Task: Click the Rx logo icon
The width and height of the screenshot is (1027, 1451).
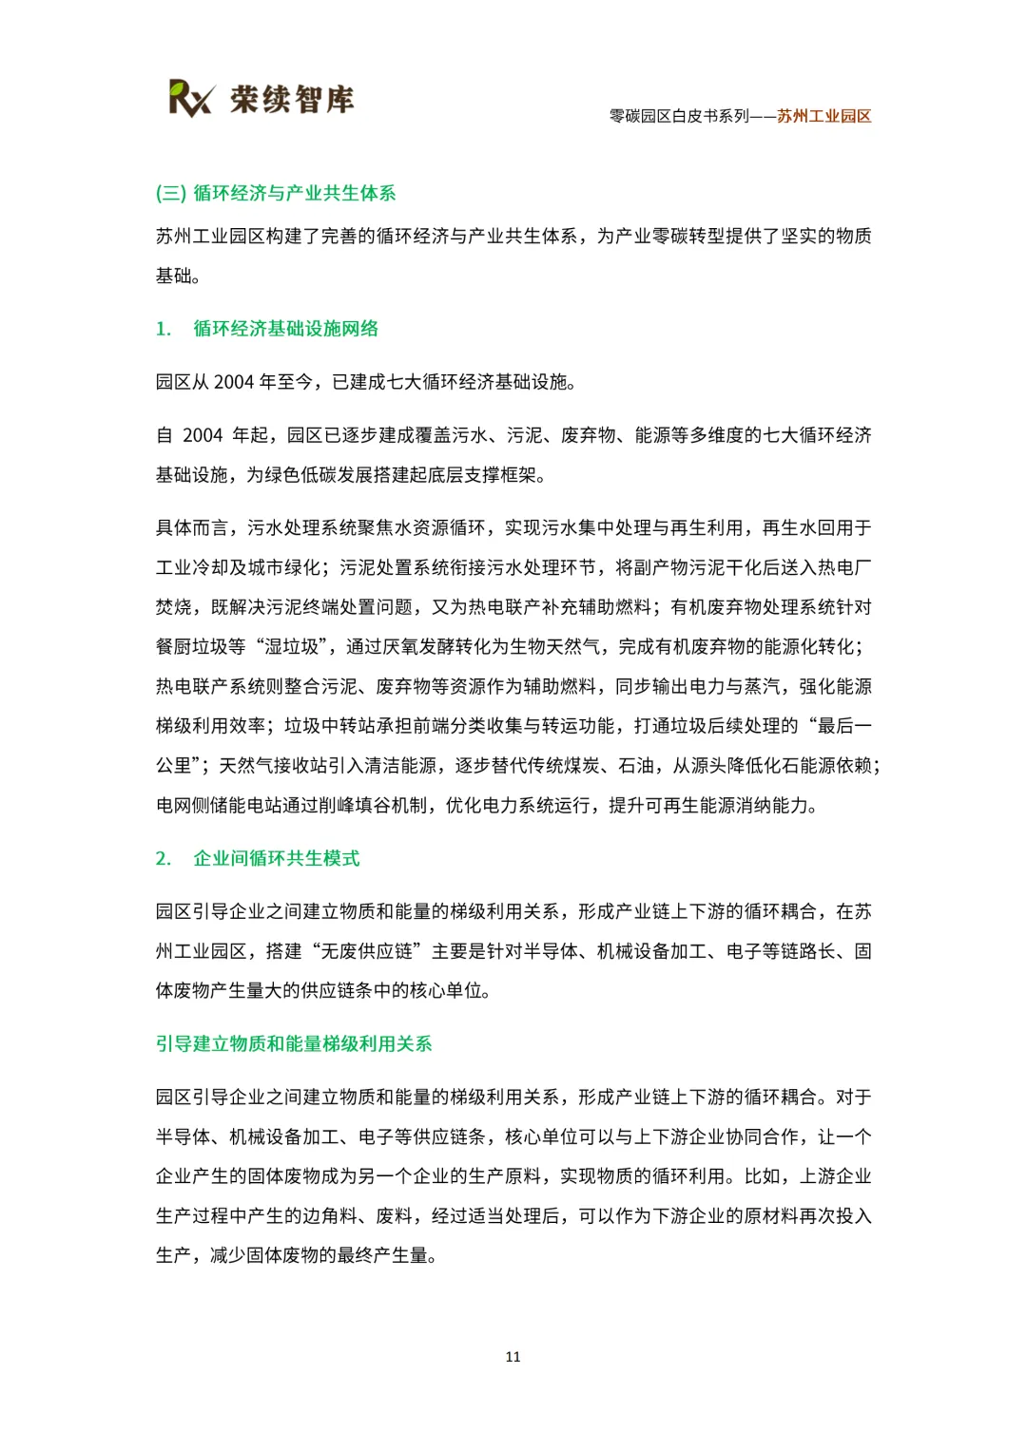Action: click(x=191, y=98)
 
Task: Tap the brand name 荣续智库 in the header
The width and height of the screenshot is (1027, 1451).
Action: click(x=292, y=99)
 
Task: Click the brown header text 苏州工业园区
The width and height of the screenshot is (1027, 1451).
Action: click(x=824, y=116)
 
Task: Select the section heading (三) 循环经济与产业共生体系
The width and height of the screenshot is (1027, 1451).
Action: click(x=276, y=193)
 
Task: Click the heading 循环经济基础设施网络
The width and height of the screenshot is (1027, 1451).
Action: click(x=285, y=329)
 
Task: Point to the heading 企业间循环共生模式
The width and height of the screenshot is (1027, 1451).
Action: click(x=276, y=859)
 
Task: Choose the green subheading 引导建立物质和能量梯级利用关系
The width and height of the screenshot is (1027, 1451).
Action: click(x=294, y=1044)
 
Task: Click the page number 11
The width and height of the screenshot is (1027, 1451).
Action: click(x=513, y=1357)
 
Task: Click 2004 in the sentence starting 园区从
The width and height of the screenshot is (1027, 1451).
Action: click(x=234, y=382)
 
